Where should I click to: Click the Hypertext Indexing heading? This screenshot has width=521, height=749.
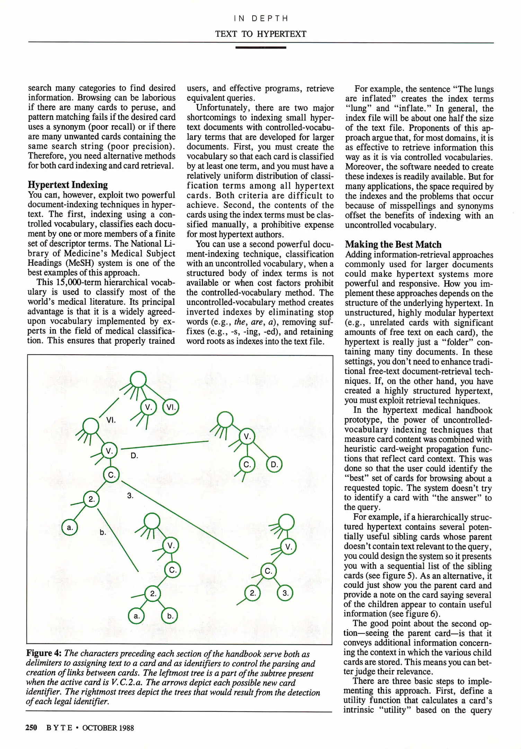point(68,184)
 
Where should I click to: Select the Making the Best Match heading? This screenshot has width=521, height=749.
point(393,244)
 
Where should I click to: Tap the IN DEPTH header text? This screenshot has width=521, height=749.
point(261,18)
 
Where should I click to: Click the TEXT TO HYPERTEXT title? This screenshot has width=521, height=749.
point(261,34)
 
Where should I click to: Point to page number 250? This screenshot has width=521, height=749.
point(31,728)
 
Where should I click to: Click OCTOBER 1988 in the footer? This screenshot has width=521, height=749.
point(108,728)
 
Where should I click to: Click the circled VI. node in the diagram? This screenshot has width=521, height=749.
point(170,407)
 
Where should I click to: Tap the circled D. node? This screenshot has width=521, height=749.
point(274,464)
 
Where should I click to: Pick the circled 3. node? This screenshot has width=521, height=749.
point(285,593)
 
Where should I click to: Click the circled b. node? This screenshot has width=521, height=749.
point(170,616)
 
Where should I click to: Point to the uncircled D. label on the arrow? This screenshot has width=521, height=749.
point(134,456)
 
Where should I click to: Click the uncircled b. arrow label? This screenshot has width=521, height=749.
point(103,532)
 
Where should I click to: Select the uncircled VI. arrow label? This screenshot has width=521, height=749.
point(111,420)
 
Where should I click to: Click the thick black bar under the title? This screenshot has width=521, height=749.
point(261,47)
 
